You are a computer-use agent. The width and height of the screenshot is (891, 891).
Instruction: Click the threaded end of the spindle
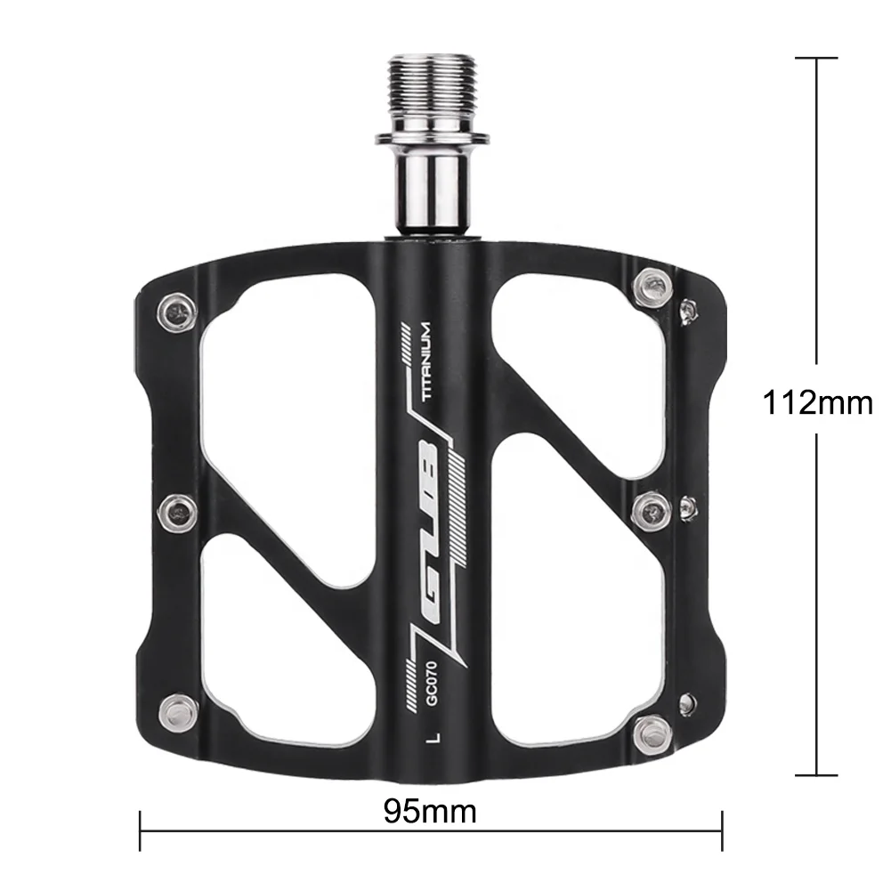(432, 93)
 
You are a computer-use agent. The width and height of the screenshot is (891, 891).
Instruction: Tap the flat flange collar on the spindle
(432, 139)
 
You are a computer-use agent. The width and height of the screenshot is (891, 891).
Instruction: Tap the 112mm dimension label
(817, 403)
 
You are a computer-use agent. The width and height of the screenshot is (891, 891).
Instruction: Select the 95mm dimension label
(431, 811)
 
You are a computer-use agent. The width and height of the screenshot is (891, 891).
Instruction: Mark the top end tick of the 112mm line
(816, 58)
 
